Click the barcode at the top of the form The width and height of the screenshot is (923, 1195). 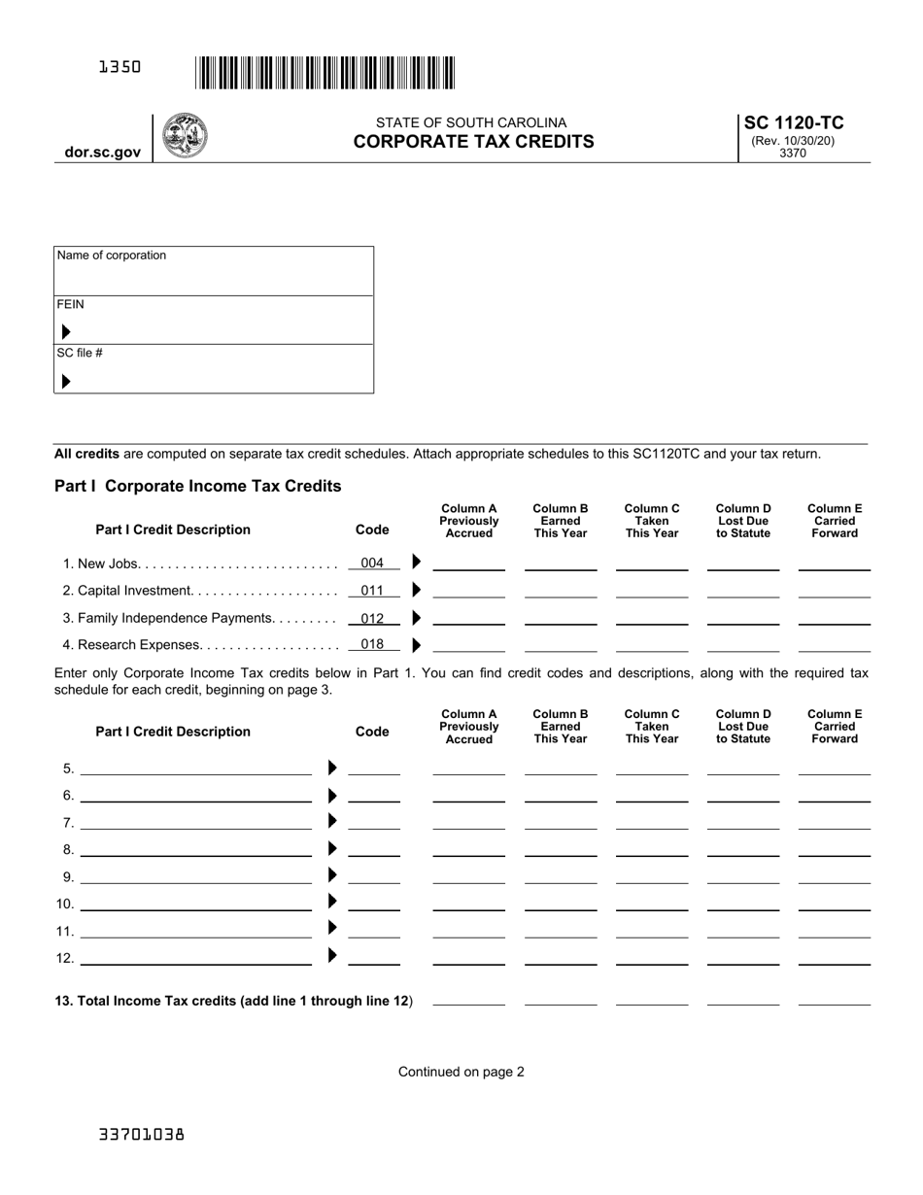[x=325, y=73]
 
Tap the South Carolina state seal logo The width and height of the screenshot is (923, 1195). [x=184, y=136]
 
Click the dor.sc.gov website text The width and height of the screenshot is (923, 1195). [x=103, y=153]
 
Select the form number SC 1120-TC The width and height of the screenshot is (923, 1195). [x=793, y=122]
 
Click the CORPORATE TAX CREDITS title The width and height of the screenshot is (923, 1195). [x=473, y=142]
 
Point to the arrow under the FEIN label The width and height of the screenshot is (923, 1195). [x=66, y=332]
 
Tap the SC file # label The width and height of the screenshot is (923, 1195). [x=80, y=353]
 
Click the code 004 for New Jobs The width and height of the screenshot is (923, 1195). [x=372, y=563]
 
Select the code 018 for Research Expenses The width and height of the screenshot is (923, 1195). [x=372, y=645]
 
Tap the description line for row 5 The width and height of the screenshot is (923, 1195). [x=195, y=770]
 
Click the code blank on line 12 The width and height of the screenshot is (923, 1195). [x=374, y=960]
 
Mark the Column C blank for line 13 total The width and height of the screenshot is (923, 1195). [x=651, y=1001]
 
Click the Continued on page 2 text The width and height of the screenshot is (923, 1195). [x=461, y=1072]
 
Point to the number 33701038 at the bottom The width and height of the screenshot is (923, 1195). [x=141, y=1134]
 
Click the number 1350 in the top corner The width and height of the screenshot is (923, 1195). [x=120, y=67]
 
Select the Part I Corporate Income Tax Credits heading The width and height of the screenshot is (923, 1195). [x=198, y=486]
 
